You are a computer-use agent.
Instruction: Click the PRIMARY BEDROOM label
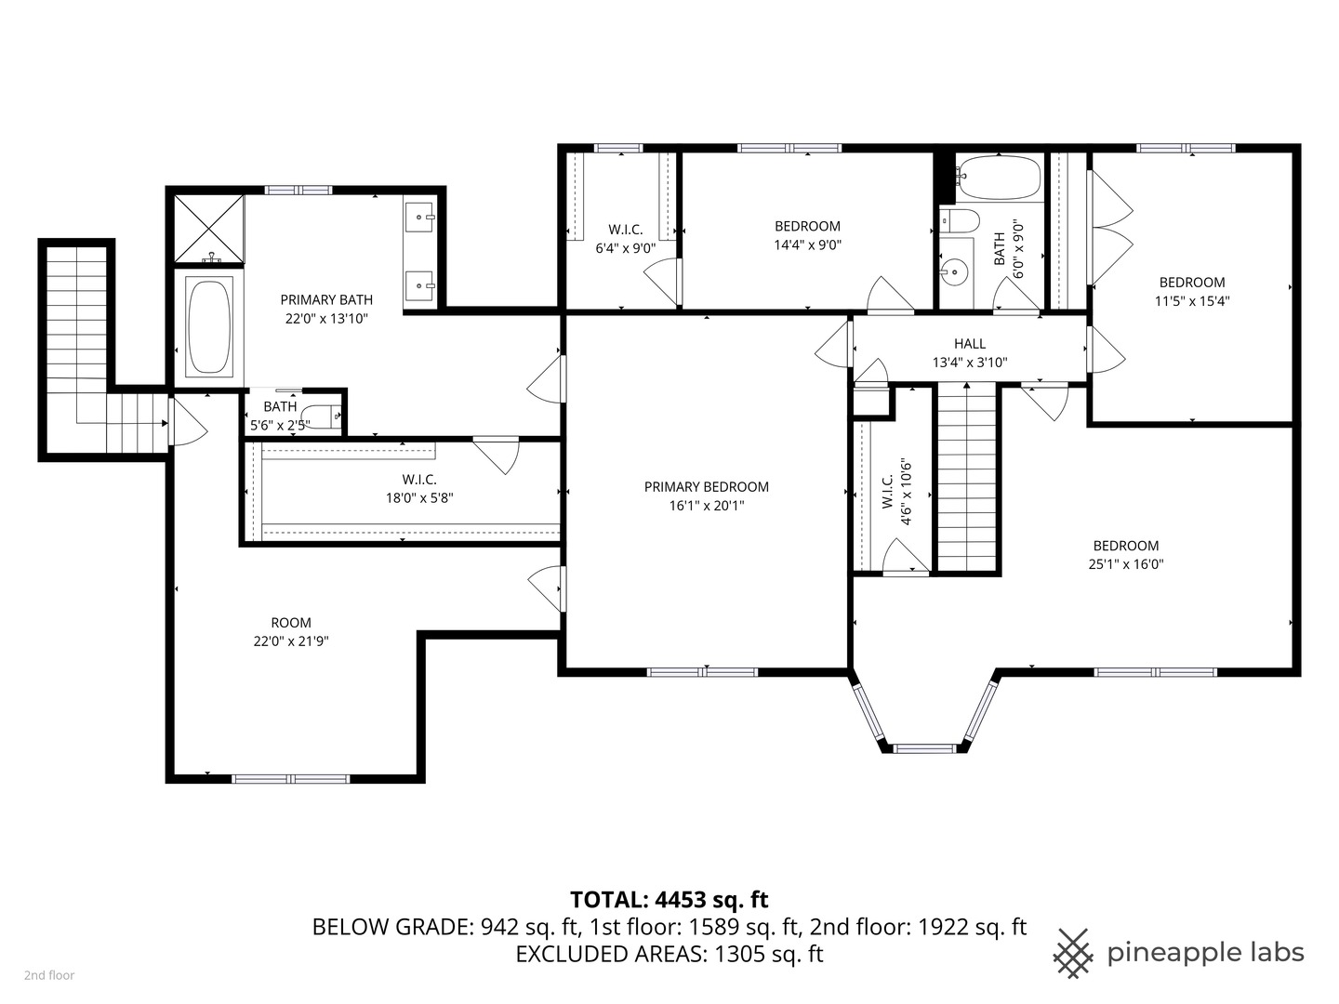tap(706, 487)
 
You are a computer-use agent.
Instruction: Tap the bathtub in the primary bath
tap(208, 326)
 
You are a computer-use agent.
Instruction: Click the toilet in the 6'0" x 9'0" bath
tap(959, 221)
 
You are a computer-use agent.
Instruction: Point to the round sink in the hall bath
tap(952, 271)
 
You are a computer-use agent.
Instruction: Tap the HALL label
tap(969, 344)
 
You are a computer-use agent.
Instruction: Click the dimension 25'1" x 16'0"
tap(1126, 564)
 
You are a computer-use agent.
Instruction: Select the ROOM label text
tap(291, 623)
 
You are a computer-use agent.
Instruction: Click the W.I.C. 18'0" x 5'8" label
tap(419, 489)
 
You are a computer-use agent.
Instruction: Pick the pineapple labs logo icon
tap(1073, 953)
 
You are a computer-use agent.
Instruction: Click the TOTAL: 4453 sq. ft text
tap(669, 899)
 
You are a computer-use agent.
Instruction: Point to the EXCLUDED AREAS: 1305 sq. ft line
tap(669, 954)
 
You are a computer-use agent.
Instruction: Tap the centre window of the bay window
tap(923, 746)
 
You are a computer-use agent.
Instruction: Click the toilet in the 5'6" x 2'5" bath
tap(324, 417)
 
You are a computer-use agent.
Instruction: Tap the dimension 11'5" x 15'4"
tap(1191, 301)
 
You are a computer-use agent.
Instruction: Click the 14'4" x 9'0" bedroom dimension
tap(807, 245)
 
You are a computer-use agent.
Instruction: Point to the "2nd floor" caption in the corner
tap(49, 975)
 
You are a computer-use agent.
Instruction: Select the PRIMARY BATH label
tap(326, 299)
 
